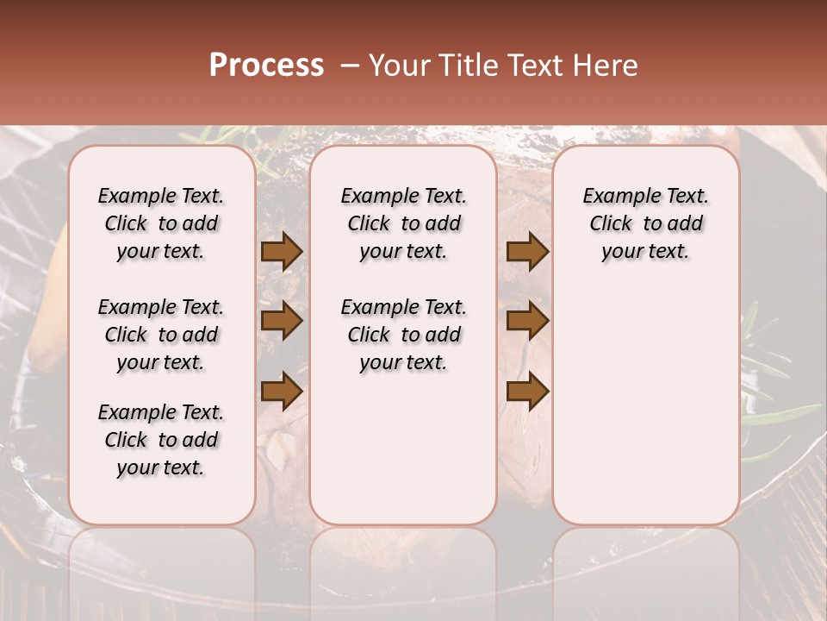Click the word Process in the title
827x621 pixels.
coord(266,66)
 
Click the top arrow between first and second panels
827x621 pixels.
coord(282,252)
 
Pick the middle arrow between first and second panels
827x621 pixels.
coord(282,321)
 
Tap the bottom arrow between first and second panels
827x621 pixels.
coord(282,391)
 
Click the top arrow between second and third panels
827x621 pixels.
coord(527,252)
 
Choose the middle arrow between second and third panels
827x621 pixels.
coord(527,321)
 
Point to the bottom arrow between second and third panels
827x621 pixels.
coord(527,391)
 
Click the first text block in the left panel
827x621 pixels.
coord(161,223)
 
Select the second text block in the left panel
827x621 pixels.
coord(161,335)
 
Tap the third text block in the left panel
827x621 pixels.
coord(161,440)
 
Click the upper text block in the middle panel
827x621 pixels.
coord(404,223)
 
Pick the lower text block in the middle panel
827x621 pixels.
coord(404,335)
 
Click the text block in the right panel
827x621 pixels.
coord(646,223)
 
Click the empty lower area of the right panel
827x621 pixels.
coord(646,405)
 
